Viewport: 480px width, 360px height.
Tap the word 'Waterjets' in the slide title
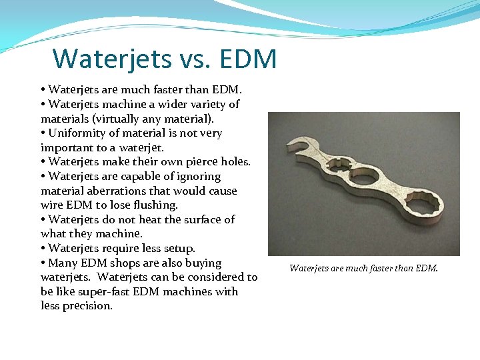click(x=111, y=59)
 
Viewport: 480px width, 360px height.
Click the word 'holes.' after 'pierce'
click(x=231, y=162)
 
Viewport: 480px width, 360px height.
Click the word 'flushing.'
click(x=156, y=205)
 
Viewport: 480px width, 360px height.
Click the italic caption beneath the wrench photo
click(x=364, y=269)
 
